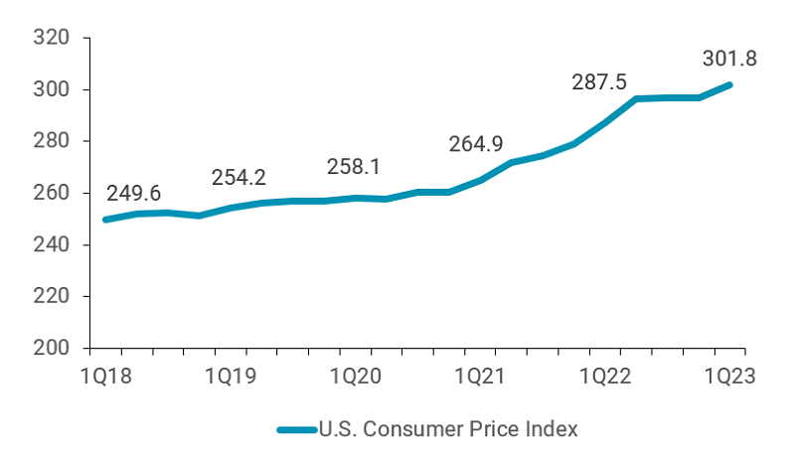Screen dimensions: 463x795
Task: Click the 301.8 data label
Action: pyautogui.click(x=730, y=59)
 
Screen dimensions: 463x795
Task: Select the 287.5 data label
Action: pyautogui.click(x=599, y=81)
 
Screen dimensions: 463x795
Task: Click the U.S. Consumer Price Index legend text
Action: pyautogui.click(x=447, y=429)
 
